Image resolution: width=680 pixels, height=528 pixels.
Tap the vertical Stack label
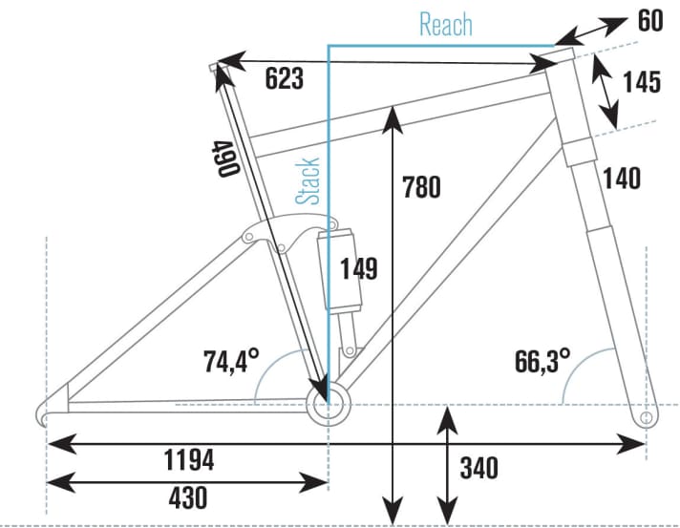coord(308,180)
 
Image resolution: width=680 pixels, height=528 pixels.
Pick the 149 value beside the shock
coord(358,269)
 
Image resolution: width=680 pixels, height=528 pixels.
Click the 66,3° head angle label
coord(542,362)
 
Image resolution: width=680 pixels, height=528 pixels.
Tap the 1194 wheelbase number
coord(187,460)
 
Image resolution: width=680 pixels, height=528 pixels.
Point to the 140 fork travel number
coord(621,178)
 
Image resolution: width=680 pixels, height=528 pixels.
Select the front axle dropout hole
coord(647,417)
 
